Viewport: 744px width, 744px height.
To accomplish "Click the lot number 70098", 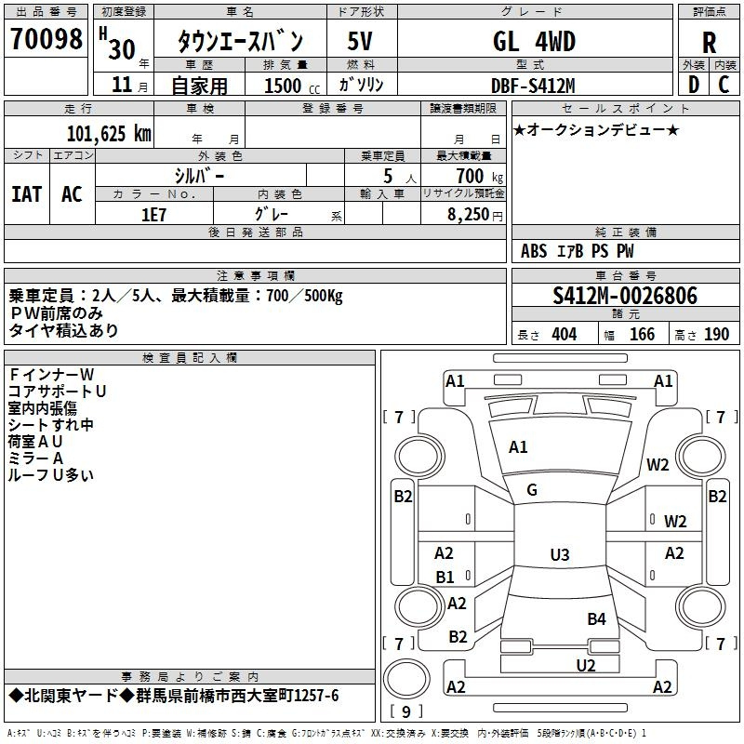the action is pyautogui.click(x=46, y=39).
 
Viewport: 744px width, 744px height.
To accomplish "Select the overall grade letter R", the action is pyautogui.click(x=709, y=43).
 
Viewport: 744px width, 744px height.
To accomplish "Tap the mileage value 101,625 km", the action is pyautogui.click(x=109, y=134).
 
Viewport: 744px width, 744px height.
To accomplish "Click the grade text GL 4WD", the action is pyautogui.click(x=534, y=41).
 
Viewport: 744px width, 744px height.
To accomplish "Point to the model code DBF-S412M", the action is pyautogui.click(x=533, y=86).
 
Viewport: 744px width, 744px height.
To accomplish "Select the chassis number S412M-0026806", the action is pyautogui.click(x=625, y=296).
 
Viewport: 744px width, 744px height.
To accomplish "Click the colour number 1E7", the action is pyautogui.click(x=153, y=215).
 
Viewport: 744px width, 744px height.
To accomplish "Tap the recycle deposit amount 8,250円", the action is pyautogui.click(x=475, y=215).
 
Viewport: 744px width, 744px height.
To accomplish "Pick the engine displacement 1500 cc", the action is pyautogui.click(x=292, y=86).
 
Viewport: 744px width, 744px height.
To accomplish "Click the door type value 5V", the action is pyautogui.click(x=360, y=41).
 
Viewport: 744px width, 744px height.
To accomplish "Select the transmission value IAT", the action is pyautogui.click(x=26, y=194).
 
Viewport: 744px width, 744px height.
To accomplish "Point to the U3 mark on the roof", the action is pyautogui.click(x=560, y=554).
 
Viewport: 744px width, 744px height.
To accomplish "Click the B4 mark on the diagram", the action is pyautogui.click(x=596, y=618).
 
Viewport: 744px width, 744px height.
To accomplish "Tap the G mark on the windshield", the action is pyautogui.click(x=532, y=490).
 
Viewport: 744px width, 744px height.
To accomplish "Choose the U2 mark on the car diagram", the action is pyautogui.click(x=586, y=665).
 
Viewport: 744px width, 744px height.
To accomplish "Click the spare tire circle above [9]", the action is pyautogui.click(x=406, y=679).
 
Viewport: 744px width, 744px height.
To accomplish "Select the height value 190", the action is pyautogui.click(x=716, y=335).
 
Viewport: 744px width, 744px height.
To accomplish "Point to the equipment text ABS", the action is pyautogui.click(x=534, y=251).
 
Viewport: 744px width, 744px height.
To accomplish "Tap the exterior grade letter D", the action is pyautogui.click(x=693, y=85).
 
